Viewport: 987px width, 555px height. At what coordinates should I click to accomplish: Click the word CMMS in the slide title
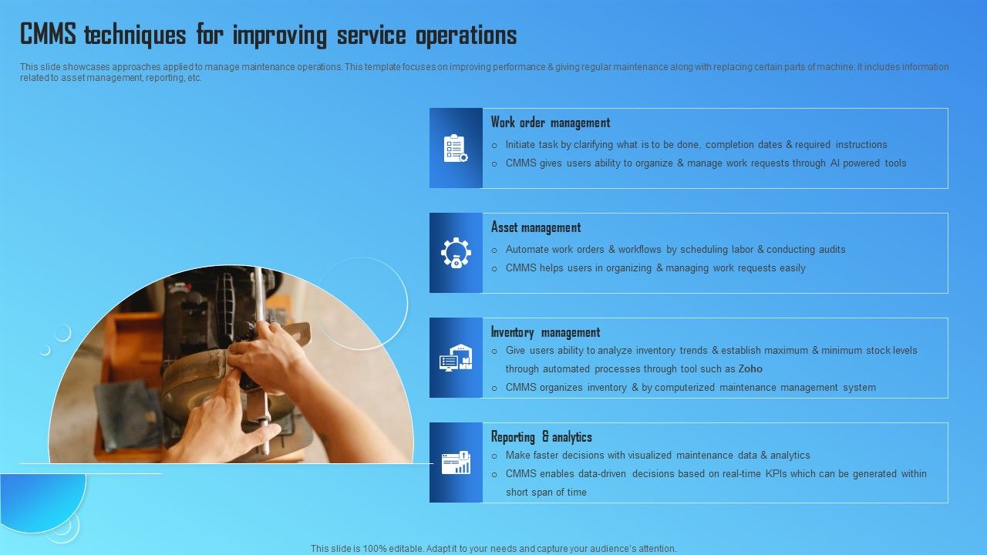(49, 35)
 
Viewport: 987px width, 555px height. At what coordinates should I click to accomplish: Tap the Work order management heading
(550, 123)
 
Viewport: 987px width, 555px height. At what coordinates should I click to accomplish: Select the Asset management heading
(536, 227)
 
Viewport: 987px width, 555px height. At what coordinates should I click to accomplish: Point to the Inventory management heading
(545, 332)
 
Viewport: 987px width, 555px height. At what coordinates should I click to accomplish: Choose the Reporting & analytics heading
(541, 437)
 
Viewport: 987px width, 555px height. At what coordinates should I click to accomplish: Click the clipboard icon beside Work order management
(456, 148)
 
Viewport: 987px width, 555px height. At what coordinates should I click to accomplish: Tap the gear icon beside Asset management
(456, 253)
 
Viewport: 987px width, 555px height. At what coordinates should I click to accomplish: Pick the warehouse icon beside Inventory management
(456, 358)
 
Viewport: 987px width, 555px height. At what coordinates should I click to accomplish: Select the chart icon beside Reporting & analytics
(456, 462)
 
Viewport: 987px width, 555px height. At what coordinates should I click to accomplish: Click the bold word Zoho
(750, 369)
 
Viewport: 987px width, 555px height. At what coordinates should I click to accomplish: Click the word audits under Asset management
(830, 250)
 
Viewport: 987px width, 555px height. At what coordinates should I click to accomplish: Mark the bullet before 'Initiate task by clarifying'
(494, 145)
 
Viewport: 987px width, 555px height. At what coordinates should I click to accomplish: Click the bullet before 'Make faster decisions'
(494, 456)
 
